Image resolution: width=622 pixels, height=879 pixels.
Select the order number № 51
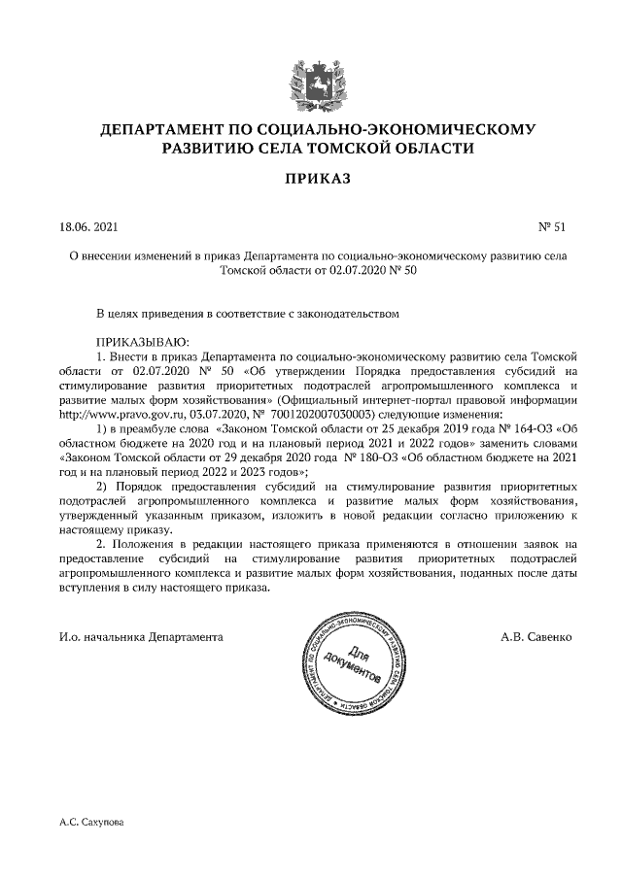pos(551,228)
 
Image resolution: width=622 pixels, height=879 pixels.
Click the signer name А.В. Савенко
pos(537,638)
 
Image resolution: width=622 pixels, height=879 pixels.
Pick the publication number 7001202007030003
pos(319,412)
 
